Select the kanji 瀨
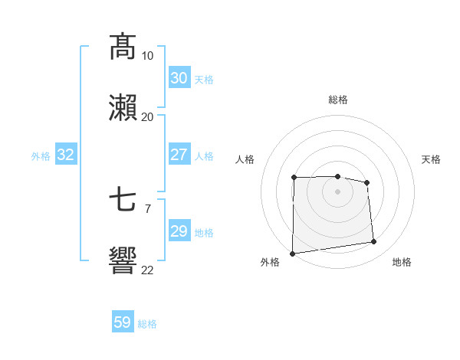tap(123, 107)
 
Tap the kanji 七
tap(123, 201)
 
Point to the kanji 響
tap(123, 260)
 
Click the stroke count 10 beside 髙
tap(147, 56)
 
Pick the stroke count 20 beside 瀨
tap(147, 116)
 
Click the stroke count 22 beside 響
tap(147, 270)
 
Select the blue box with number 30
tap(179, 78)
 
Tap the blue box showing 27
tap(179, 155)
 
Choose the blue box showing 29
tap(179, 231)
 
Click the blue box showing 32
tap(65, 155)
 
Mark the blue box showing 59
tap(122, 322)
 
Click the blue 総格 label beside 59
tap(147, 324)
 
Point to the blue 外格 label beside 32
tap(41, 156)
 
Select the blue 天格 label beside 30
tap(203, 80)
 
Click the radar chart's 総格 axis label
tap(338, 100)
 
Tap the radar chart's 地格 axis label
tap(402, 262)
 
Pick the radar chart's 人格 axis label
tap(245, 159)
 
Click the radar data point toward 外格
tap(292, 254)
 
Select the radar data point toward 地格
tap(374, 242)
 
